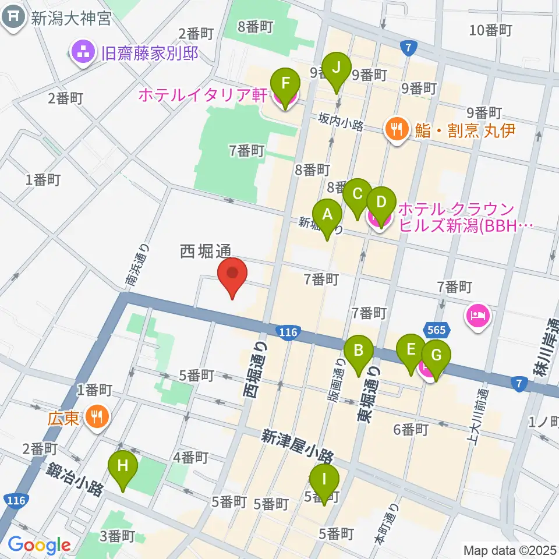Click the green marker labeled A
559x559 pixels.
pos(327,215)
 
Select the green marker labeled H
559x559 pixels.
pos(123,466)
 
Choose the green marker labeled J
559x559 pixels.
pos(336,68)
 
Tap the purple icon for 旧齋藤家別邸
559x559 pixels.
pos(82,53)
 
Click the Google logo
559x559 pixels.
pos(39,545)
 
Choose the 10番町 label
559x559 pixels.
pos(490,30)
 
